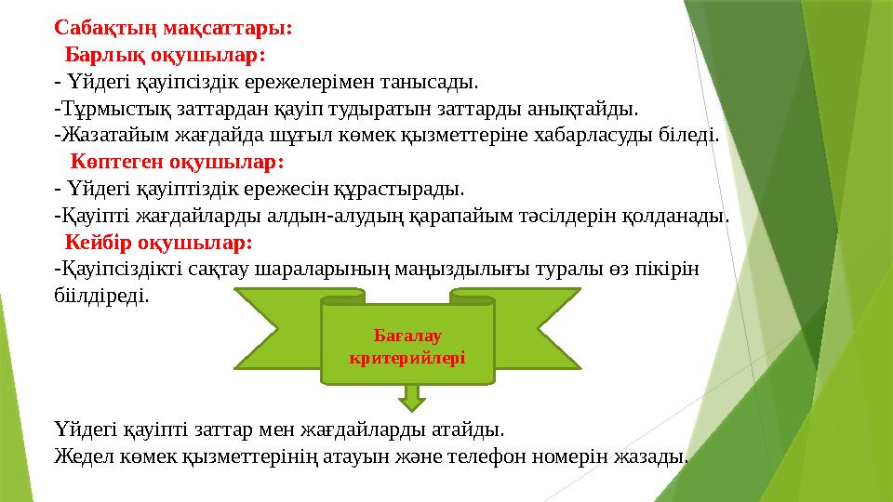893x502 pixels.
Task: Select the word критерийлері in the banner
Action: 406,356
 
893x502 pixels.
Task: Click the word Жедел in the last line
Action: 77,456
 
